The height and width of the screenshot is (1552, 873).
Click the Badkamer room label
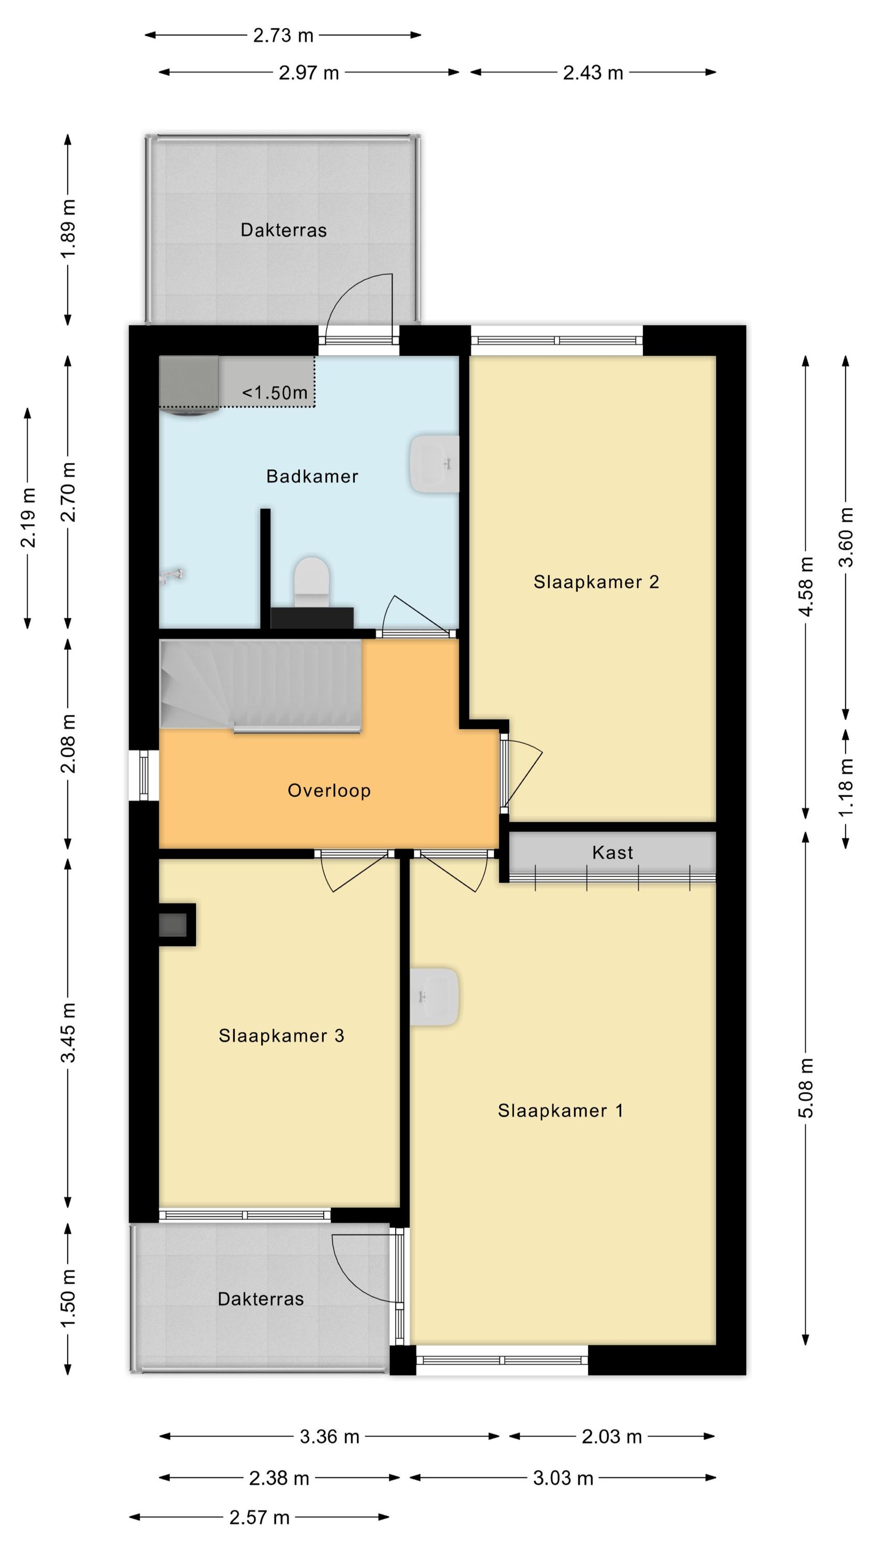312,476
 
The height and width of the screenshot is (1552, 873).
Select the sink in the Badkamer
434,465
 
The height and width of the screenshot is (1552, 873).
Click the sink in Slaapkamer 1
434,997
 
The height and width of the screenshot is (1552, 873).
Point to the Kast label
613,853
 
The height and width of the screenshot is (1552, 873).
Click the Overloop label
329,790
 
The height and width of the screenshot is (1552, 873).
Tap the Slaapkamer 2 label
596,582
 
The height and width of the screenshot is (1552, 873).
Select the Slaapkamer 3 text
281,1036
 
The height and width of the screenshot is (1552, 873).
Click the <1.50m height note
275,393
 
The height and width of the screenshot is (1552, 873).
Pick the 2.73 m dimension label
283,36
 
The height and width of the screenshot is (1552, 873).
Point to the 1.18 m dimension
847,787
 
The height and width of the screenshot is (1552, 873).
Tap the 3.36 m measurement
329,1437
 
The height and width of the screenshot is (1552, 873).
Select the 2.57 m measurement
260,1518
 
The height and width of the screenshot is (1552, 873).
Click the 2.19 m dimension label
28,517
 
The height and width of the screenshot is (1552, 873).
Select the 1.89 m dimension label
68,229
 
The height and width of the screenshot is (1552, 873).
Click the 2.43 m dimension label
593,73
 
